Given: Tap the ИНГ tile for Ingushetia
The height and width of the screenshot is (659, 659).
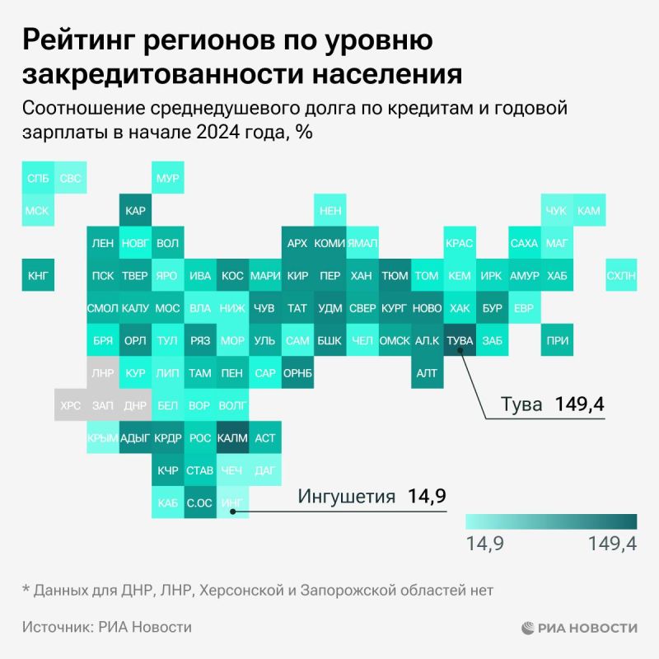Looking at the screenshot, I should pos(232,501).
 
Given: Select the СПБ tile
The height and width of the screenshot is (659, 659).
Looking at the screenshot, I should pos(38,178).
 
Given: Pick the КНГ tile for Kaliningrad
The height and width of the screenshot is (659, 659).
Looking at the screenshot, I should pos(38,275).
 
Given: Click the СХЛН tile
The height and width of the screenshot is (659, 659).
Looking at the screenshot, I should pos(619,275).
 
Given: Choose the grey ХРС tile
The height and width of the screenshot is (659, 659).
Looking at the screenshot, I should pos(70,404).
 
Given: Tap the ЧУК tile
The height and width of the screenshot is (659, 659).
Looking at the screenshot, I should pos(556,211).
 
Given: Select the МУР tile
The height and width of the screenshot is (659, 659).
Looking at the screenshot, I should pos(167,178).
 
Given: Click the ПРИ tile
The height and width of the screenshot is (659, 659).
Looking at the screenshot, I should pos(556,339).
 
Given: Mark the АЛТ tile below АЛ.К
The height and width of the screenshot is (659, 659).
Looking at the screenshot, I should pos(426,372).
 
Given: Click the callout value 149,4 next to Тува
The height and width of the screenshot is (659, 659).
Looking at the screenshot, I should pos(579,404).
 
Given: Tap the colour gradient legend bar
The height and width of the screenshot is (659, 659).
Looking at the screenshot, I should pos(551,521).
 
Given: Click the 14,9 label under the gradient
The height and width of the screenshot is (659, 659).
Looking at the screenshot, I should pos(486,543).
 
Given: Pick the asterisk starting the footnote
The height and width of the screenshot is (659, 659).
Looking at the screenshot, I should pos(25,589).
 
